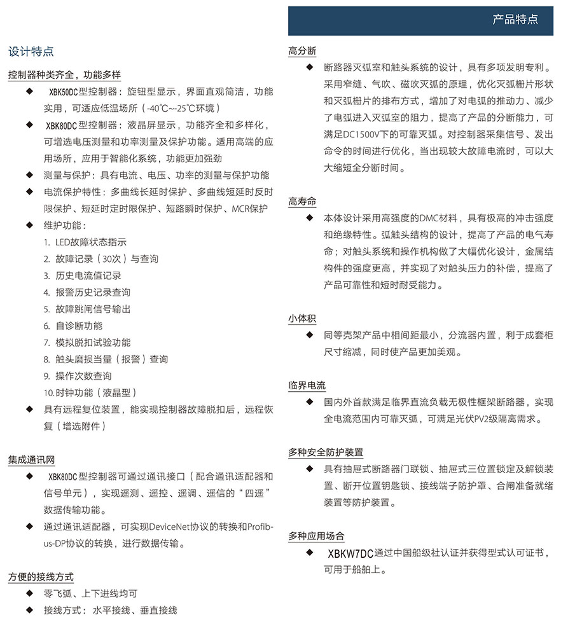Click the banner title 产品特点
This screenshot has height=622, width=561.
(515, 19)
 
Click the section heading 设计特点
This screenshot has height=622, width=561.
(31, 52)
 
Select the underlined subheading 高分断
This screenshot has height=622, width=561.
(302, 51)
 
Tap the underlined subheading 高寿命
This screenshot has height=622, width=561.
(302, 202)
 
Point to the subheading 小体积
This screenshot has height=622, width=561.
(302, 319)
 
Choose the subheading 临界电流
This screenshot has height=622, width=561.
(307, 386)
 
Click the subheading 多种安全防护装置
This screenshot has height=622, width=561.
(326, 453)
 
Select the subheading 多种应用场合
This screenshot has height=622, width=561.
(316, 536)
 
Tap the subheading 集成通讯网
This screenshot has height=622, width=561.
(32, 459)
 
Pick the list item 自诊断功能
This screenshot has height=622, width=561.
(79, 326)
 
